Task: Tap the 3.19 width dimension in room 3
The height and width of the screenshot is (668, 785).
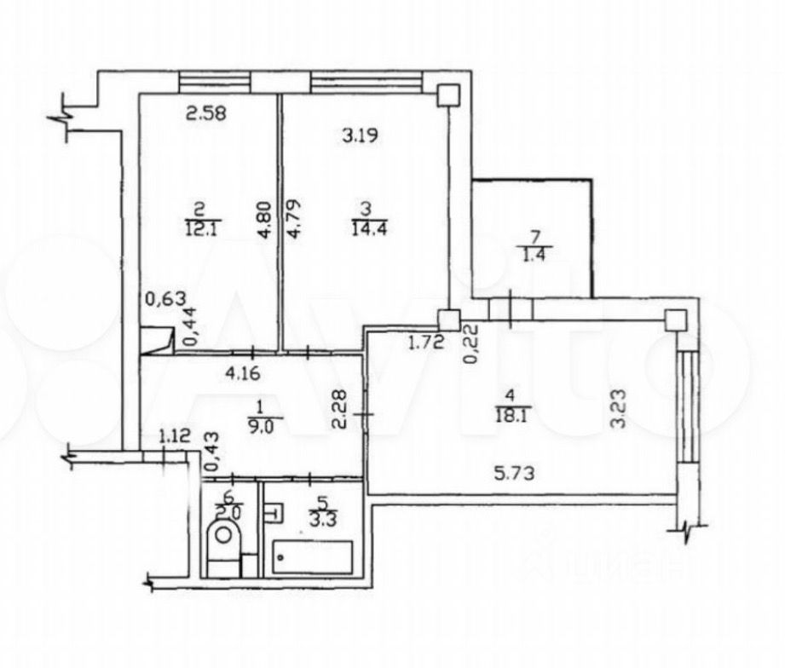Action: tap(361, 134)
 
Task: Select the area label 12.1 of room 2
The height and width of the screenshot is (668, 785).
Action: tap(198, 227)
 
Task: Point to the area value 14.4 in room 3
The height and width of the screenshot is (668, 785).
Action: tap(367, 227)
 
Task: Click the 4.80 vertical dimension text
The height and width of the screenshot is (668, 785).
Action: tap(265, 219)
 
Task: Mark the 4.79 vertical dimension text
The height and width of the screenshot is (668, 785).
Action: tap(292, 219)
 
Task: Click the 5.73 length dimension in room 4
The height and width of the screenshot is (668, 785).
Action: tap(517, 474)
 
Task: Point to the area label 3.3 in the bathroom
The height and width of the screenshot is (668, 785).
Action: tap(316, 514)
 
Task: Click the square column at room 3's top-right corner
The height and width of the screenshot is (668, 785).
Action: tap(447, 95)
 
